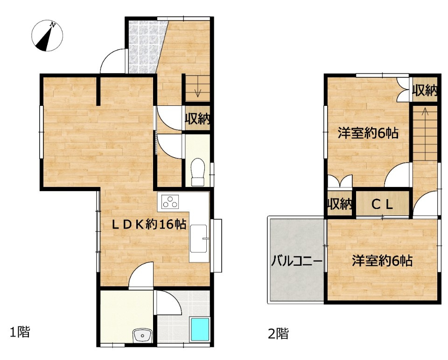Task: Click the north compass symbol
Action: pos(47,36)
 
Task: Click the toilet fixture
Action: pos(197,172)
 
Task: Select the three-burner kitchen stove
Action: pos(170,201)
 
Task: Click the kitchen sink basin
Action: pos(198,239)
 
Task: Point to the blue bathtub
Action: pos(200,330)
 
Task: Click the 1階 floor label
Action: pos(20,332)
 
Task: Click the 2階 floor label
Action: pos(278,333)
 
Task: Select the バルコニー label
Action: pos(297,261)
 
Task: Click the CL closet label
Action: pos(382,204)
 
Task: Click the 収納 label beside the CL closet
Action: pos(339,204)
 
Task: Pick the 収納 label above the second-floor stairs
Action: pos(425,91)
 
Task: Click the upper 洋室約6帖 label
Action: pos(368,133)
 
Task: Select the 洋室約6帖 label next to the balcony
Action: pos(382,261)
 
